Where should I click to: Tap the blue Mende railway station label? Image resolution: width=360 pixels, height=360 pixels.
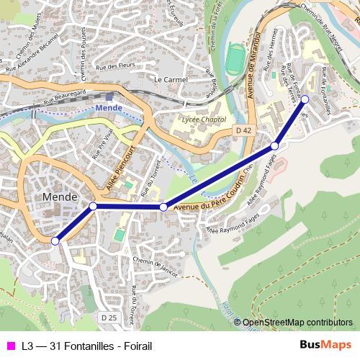(x=108, y=108)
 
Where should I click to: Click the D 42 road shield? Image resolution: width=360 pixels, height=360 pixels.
(x=243, y=130)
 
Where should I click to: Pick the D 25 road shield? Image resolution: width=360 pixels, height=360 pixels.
(x=108, y=318)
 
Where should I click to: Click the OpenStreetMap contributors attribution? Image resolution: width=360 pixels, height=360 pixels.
(x=297, y=323)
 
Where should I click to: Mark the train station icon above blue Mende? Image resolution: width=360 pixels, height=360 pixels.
(x=108, y=96)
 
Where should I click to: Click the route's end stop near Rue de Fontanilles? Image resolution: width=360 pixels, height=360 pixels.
(x=305, y=99)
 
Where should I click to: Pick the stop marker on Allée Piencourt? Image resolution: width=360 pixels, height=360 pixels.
(x=93, y=207)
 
